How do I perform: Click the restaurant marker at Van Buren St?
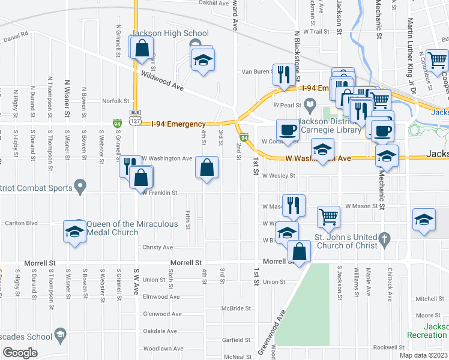tap(283, 74)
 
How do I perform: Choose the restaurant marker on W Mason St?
tap(292, 205)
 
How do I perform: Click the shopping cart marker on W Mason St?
tap(328, 217)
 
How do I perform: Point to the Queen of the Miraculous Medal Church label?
tap(132, 228)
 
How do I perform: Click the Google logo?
tap(20, 353)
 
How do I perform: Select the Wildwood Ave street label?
tap(162, 82)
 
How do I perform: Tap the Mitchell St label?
tap(429, 299)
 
